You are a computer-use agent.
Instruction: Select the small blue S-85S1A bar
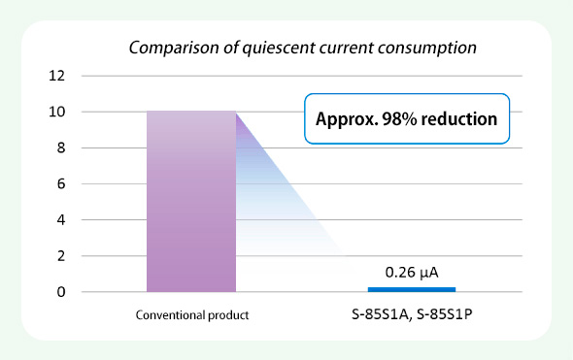(x=412, y=289)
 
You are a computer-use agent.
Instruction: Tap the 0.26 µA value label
(x=412, y=272)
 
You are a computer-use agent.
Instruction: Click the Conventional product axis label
(x=191, y=316)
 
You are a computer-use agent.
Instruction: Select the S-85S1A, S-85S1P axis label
(x=412, y=316)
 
